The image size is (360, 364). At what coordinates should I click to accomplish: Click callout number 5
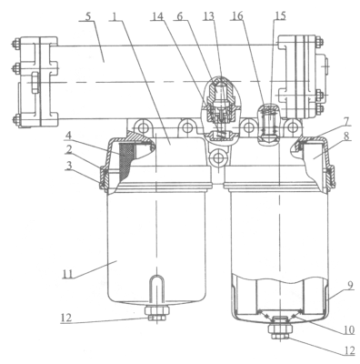pyautogui.click(x=87, y=15)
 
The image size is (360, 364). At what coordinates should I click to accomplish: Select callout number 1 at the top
pyautogui.click(x=115, y=15)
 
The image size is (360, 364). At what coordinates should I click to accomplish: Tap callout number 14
pyautogui.click(x=157, y=15)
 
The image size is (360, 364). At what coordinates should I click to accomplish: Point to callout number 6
pyautogui.click(x=180, y=15)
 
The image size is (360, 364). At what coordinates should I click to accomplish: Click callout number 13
pyautogui.click(x=209, y=15)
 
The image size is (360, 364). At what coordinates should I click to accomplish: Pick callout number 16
pyautogui.click(x=237, y=15)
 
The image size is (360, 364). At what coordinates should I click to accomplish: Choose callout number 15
pyautogui.click(x=280, y=15)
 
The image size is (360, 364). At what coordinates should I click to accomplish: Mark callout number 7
pyautogui.click(x=347, y=120)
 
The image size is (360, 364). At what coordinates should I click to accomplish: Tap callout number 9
pyautogui.click(x=350, y=286)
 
